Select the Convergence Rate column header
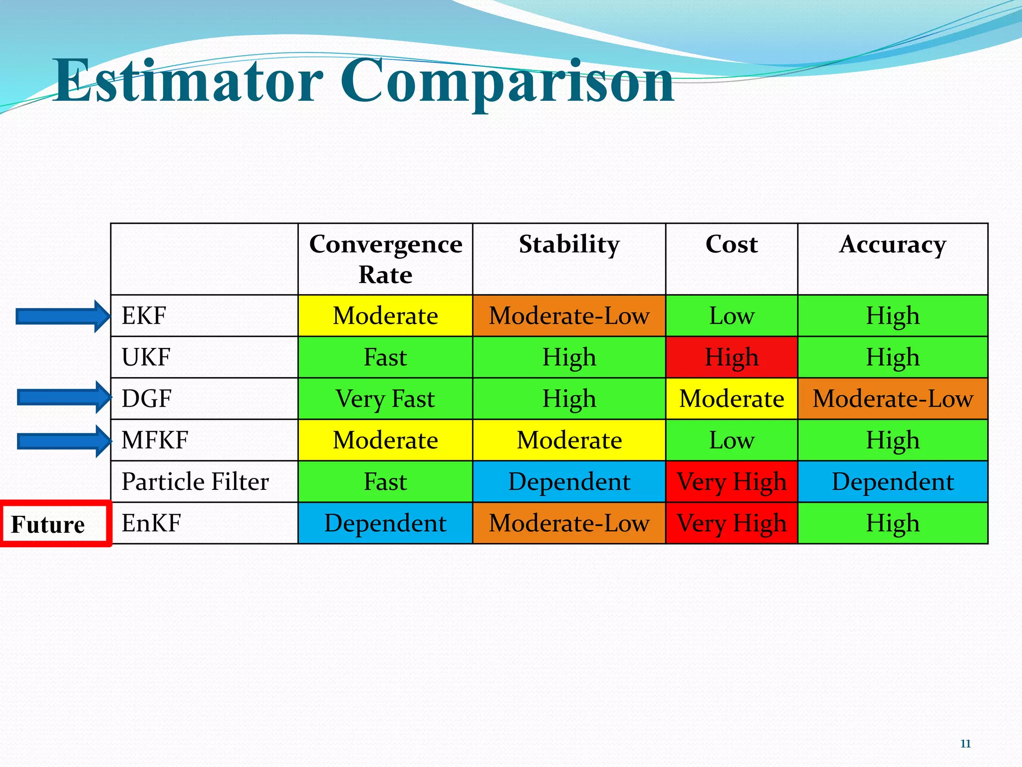click(x=385, y=259)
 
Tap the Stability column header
click(x=569, y=245)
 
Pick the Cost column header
click(x=732, y=245)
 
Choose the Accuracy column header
click(x=892, y=245)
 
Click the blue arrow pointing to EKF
click(x=62, y=316)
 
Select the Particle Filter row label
click(x=195, y=482)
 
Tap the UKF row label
click(x=146, y=358)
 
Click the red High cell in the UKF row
click(x=732, y=358)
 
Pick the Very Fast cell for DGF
click(x=385, y=399)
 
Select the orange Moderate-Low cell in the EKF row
click(x=569, y=316)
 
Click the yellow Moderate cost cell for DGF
click(x=732, y=399)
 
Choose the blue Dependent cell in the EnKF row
click(x=385, y=523)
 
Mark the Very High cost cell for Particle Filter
click(x=732, y=482)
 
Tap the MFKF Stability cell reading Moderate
click(x=569, y=440)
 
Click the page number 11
click(x=965, y=744)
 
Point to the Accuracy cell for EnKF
click(x=892, y=523)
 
